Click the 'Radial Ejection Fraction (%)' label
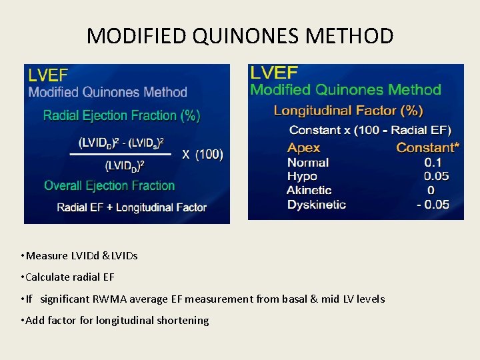121,115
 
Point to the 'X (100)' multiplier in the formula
203,155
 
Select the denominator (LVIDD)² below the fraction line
123,165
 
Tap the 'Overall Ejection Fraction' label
109,185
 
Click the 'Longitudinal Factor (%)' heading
348,110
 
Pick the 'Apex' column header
303,148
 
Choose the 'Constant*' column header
427,148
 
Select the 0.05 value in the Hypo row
437,176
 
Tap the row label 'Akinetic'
309,190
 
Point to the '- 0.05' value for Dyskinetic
433,204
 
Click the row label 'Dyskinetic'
316,204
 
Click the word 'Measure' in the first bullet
47,255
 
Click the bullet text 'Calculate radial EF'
73,277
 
